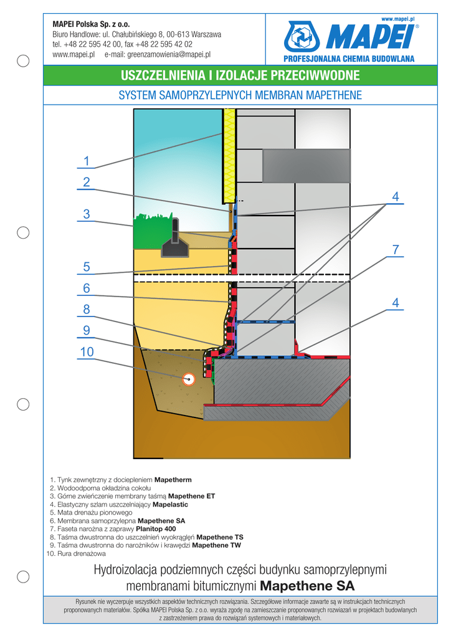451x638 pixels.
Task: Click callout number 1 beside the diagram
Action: pyautogui.click(x=87, y=161)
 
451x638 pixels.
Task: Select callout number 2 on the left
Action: pyautogui.click(x=87, y=183)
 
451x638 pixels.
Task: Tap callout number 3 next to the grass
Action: pyautogui.click(x=87, y=214)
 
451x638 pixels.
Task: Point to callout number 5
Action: pyautogui.click(x=87, y=267)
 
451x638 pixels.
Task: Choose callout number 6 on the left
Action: pyautogui.click(x=87, y=288)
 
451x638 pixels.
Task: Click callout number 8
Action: pyautogui.click(x=87, y=309)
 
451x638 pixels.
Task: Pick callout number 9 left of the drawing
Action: pyautogui.click(x=87, y=330)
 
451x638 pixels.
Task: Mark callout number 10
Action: pyautogui.click(x=87, y=352)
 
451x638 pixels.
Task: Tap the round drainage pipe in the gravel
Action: pyautogui.click(x=188, y=378)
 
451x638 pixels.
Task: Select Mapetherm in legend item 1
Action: pyautogui.click(x=173, y=480)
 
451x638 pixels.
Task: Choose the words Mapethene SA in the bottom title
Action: pyautogui.click(x=307, y=586)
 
